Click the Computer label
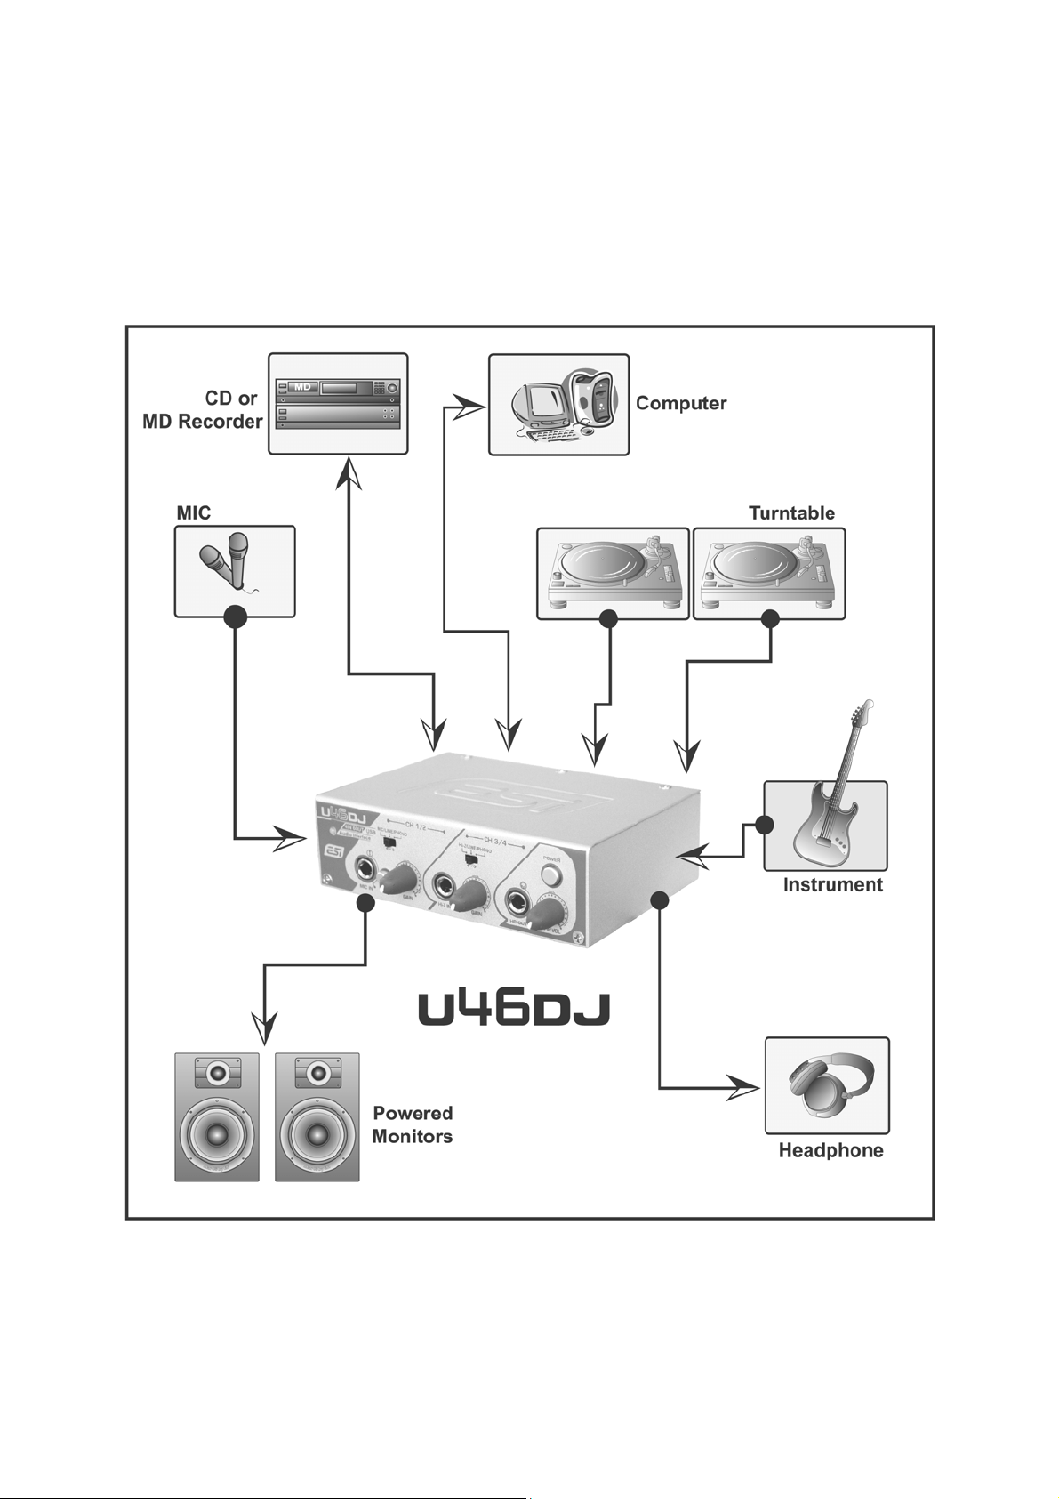tap(680, 403)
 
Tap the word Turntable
tap(791, 513)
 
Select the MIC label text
tap(194, 513)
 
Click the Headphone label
tap(830, 1150)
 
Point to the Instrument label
tap(832, 884)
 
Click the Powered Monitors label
tap(413, 1124)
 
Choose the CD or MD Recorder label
tap(203, 410)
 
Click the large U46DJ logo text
tap(514, 1009)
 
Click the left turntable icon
tap(613, 570)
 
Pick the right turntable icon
tap(769, 570)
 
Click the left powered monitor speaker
tap(217, 1117)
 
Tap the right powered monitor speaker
tap(317, 1117)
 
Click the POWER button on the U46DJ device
tap(551, 875)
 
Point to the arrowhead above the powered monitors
tap(265, 1028)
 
